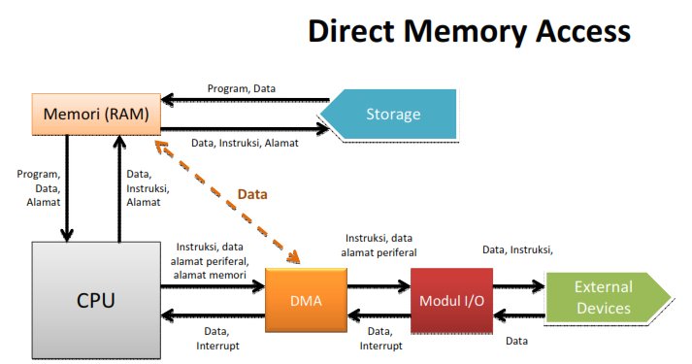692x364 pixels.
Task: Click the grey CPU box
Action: point(96,299)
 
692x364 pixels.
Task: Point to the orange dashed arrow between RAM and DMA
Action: point(229,200)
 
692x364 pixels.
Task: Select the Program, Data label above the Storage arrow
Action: point(242,88)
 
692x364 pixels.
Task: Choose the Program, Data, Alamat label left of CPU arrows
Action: point(37,187)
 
